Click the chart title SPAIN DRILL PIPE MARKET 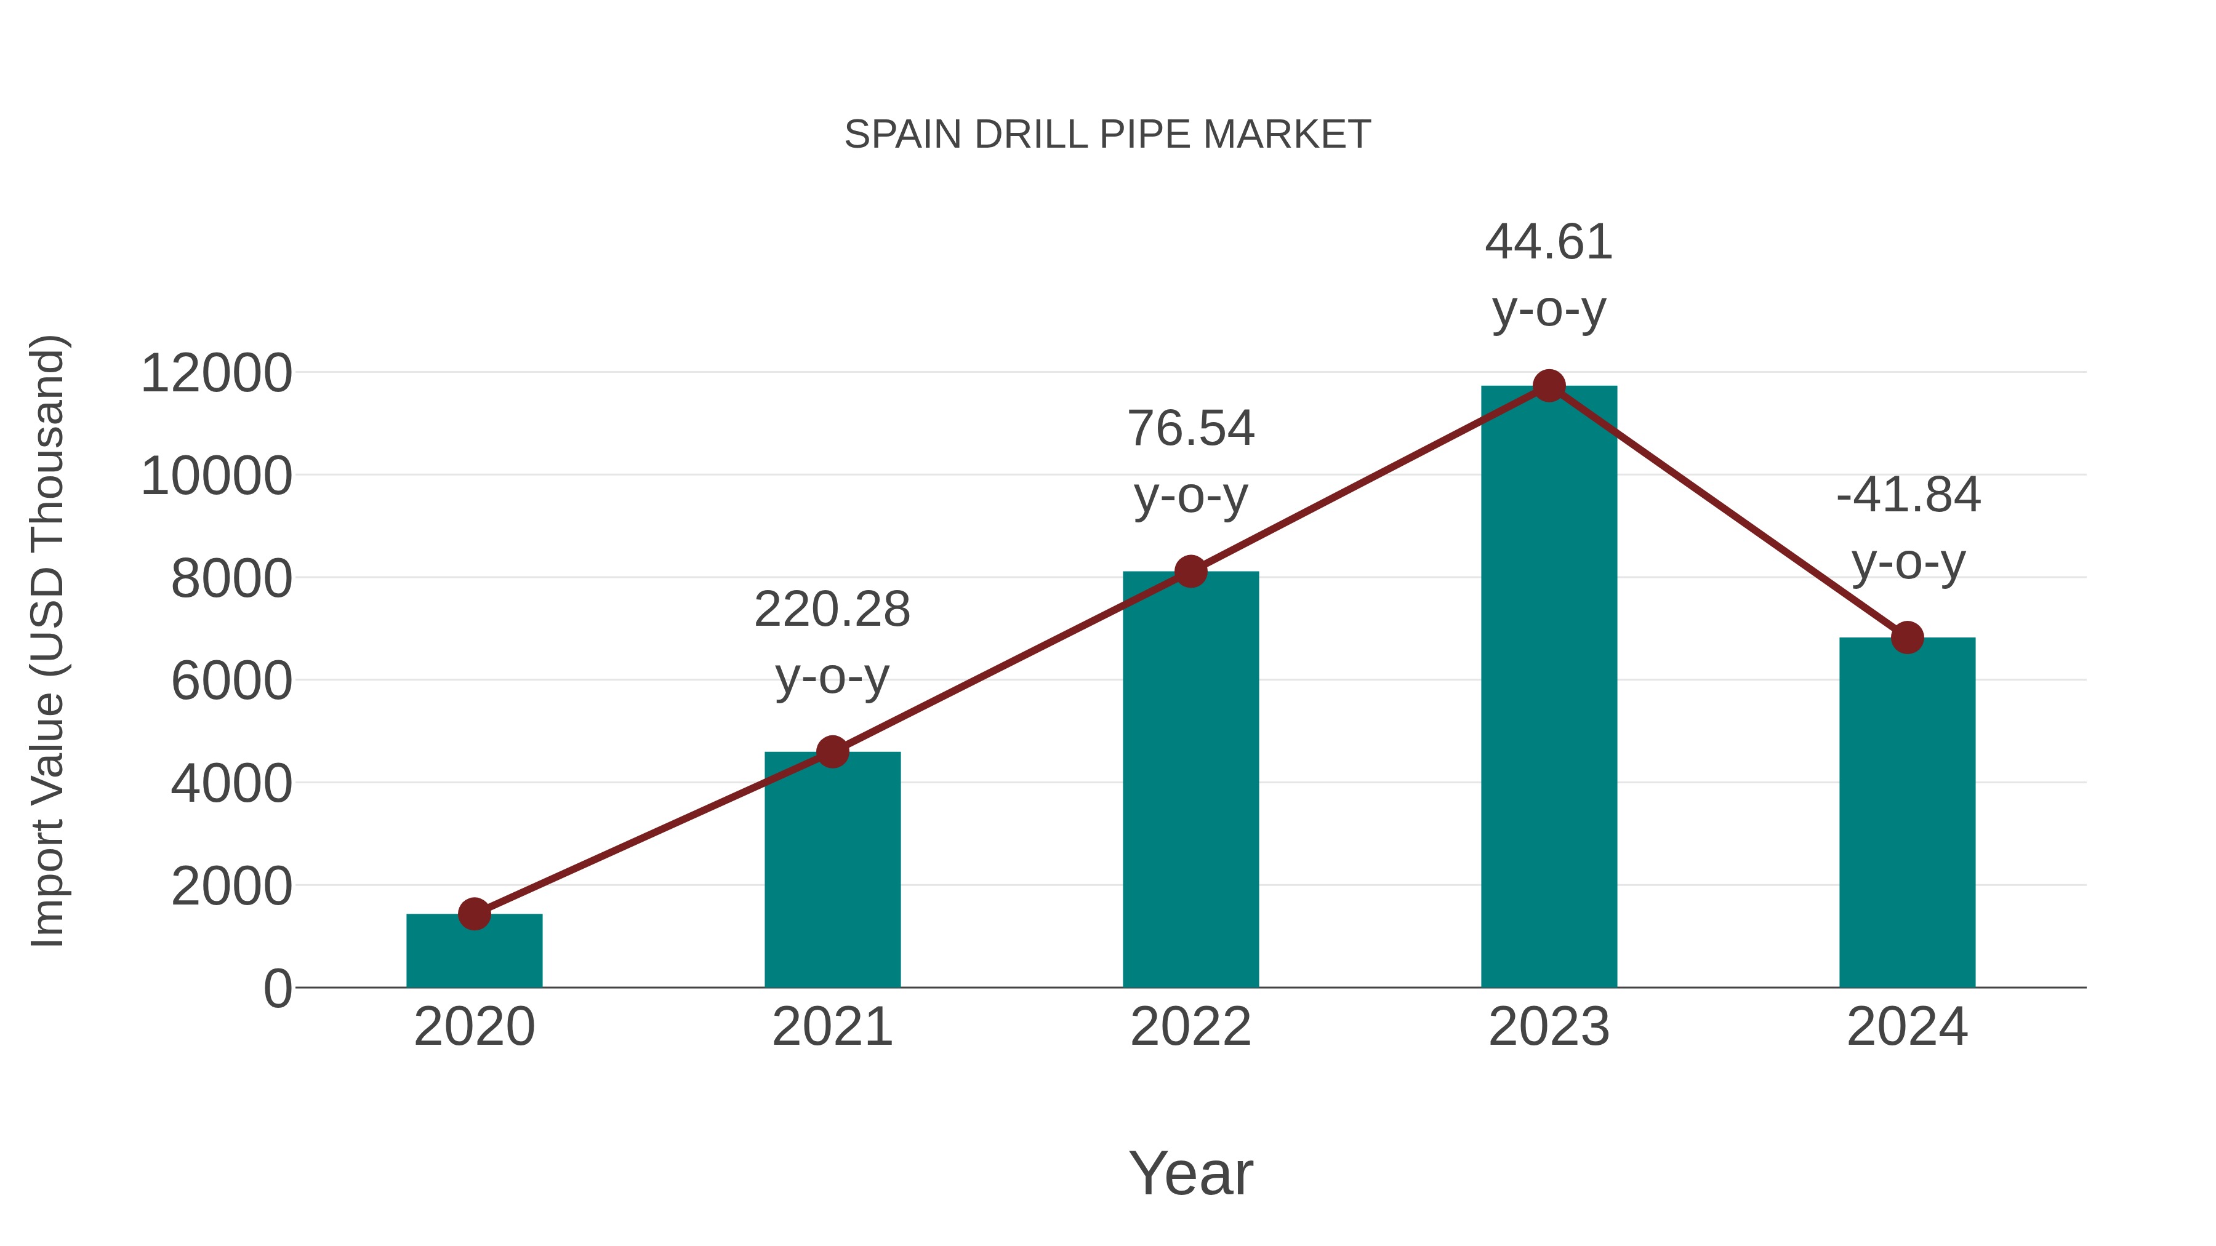click(x=1107, y=135)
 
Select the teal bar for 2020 click(x=474, y=952)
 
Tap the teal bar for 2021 click(x=832, y=868)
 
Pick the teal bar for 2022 click(x=1190, y=778)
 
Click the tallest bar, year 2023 click(x=1549, y=688)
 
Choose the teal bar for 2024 click(x=1907, y=813)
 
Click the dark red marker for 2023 click(x=1549, y=386)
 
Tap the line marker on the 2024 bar click(x=1907, y=637)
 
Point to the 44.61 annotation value click(x=1549, y=242)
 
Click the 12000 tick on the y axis click(x=217, y=374)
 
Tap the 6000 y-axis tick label click(x=231, y=681)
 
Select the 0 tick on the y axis click(x=278, y=988)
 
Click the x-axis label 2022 click(x=1190, y=1027)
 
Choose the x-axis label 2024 click(x=1907, y=1027)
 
